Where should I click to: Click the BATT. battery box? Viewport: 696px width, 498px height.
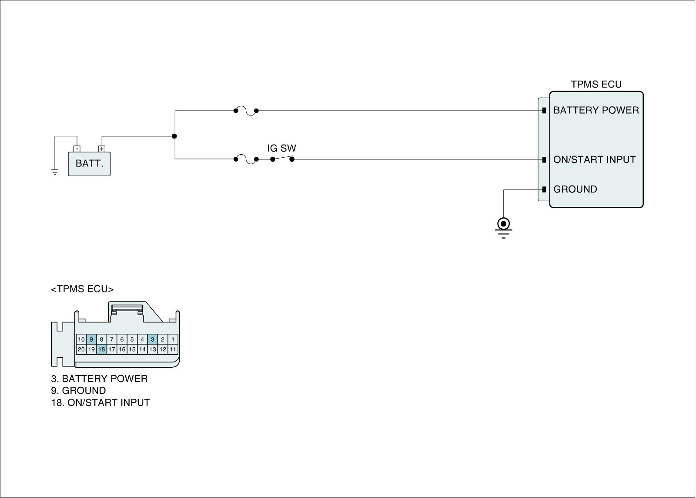89,164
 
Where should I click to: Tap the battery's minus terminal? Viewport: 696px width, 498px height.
77,149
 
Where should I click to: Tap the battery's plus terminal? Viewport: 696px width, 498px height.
102,149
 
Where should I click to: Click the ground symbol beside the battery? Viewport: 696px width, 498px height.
55,172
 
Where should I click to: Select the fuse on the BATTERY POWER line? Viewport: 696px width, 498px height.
246,111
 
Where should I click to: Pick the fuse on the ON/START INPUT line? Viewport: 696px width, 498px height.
246,159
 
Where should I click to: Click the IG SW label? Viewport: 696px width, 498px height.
281,148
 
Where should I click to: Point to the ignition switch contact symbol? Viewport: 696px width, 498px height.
282,159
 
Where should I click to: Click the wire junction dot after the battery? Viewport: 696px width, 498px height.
174,136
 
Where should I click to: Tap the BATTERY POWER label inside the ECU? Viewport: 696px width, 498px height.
596,110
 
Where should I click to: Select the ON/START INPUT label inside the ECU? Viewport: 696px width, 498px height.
594,159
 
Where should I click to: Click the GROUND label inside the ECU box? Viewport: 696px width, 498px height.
575,189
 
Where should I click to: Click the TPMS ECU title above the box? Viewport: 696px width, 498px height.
596,85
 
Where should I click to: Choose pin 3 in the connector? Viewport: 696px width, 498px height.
152,339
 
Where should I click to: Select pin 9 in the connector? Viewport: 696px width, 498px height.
91,339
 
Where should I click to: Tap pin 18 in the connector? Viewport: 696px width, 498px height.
101,349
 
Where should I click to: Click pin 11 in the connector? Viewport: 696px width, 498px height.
173,349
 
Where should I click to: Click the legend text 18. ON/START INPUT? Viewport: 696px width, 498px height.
100,403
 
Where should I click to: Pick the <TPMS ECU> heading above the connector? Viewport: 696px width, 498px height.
82,289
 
